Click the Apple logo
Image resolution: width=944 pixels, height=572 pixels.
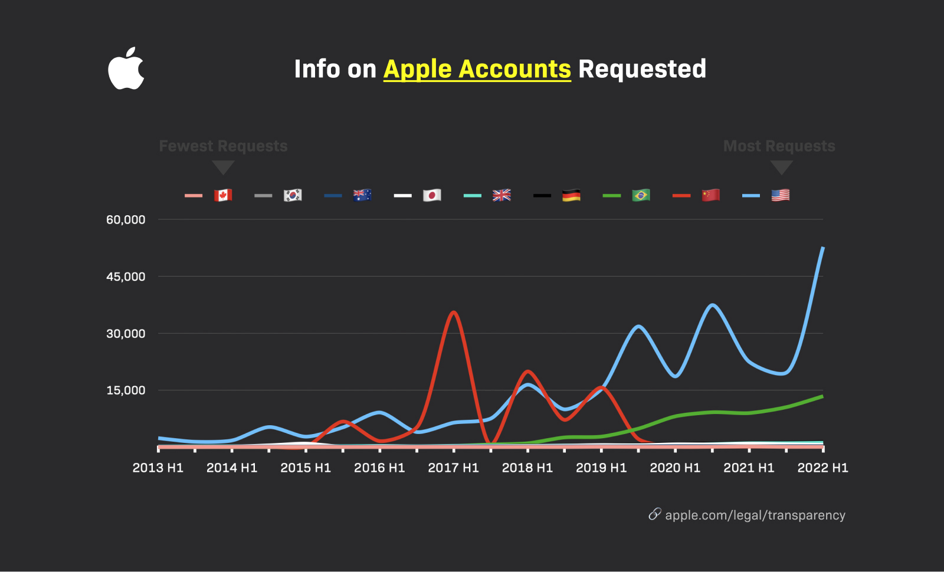point(126,69)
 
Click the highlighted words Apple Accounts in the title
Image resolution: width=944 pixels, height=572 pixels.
point(477,69)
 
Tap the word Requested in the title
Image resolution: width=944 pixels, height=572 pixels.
point(642,69)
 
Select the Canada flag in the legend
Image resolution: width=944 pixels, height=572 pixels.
point(223,195)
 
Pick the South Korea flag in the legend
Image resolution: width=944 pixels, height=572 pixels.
point(293,195)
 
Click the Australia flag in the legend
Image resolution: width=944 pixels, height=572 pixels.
point(362,195)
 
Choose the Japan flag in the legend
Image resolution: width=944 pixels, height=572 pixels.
point(432,195)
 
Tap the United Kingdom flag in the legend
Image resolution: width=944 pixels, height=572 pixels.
point(501,195)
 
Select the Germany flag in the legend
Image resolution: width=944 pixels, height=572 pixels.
point(571,195)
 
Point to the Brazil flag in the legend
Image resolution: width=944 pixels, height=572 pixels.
point(641,195)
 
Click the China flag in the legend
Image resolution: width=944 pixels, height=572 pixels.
point(710,195)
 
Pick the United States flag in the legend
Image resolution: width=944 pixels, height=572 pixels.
point(780,195)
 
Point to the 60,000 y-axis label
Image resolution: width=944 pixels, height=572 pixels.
point(126,220)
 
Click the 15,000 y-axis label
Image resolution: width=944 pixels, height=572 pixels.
point(126,390)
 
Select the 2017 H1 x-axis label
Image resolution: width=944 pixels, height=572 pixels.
point(453,468)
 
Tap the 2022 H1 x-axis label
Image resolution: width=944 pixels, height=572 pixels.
point(822,468)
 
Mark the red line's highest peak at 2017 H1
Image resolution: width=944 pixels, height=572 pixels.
point(453,313)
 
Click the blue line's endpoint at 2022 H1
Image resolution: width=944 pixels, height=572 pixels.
point(822,248)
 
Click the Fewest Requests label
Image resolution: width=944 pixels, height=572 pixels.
point(223,146)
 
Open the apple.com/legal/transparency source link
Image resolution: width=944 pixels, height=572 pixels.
point(755,515)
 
